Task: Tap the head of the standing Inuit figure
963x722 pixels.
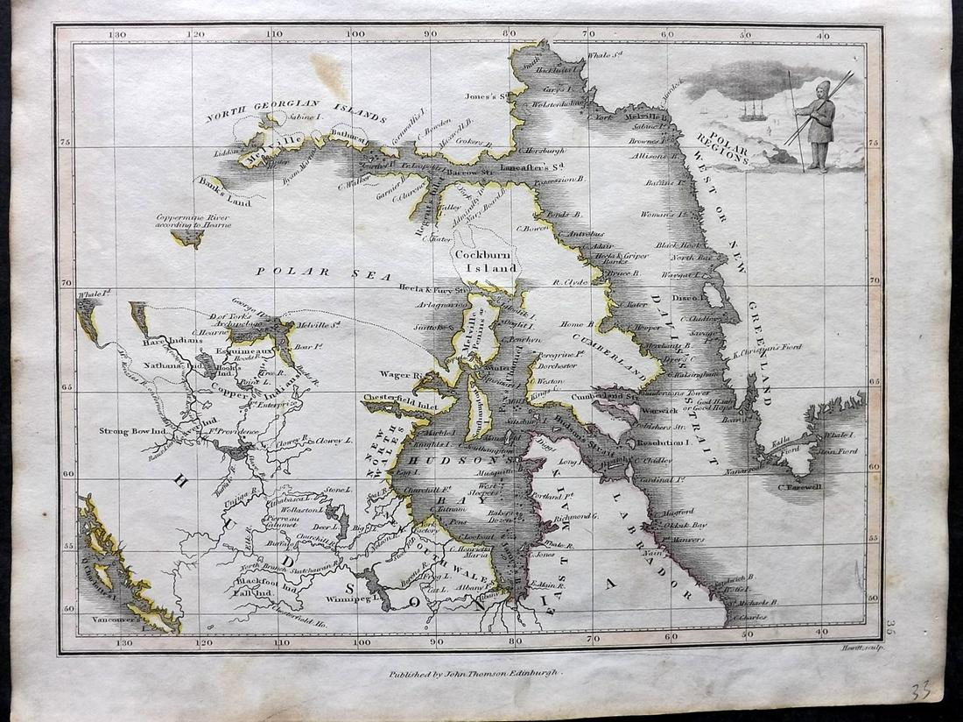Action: point(823,89)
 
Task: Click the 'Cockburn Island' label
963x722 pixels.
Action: point(485,260)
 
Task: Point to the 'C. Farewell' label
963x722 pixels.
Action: point(800,487)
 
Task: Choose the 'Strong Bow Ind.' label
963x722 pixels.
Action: point(128,431)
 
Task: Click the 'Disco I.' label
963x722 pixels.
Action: point(683,297)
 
